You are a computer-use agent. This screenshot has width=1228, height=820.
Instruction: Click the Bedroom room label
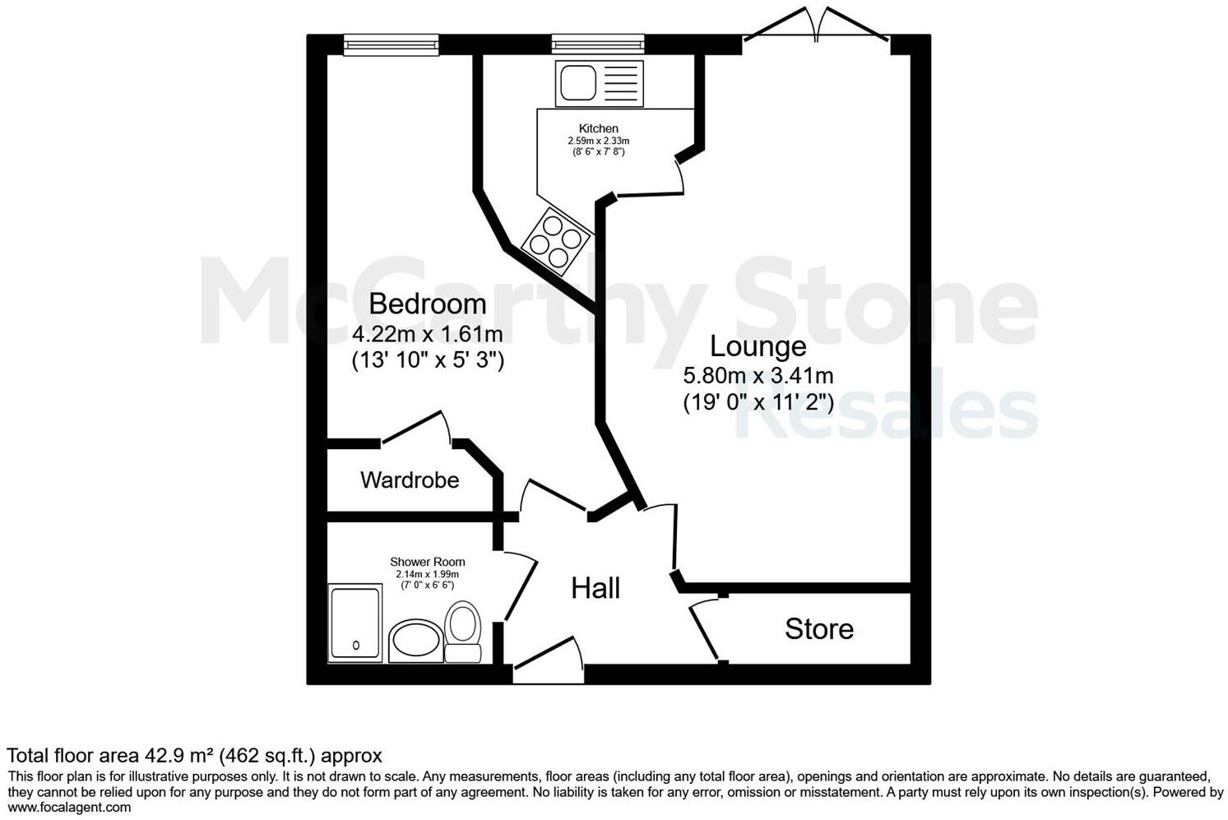(x=427, y=304)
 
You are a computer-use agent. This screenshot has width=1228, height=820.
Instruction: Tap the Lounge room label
(x=758, y=346)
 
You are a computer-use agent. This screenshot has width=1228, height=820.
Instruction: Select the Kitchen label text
(x=598, y=128)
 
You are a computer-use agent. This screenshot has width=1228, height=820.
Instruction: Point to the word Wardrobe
(x=410, y=479)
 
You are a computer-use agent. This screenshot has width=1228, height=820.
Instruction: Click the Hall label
(x=595, y=588)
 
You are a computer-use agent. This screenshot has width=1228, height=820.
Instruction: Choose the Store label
(x=818, y=629)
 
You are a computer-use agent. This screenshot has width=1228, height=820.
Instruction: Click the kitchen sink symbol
(x=598, y=82)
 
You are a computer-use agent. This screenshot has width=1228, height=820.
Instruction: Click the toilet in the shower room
(x=463, y=632)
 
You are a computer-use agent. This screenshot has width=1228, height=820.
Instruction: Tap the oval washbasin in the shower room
(x=415, y=642)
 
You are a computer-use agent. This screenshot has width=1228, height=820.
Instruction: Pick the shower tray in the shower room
(x=355, y=622)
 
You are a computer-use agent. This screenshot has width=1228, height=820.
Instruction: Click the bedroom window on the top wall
(x=391, y=44)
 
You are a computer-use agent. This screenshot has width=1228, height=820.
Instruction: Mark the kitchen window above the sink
(x=598, y=44)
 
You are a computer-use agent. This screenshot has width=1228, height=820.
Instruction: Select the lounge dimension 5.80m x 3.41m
(x=758, y=376)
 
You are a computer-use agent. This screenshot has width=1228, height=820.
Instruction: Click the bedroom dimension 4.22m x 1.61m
(x=427, y=334)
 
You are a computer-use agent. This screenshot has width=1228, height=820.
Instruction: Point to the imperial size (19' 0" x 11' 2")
(x=758, y=403)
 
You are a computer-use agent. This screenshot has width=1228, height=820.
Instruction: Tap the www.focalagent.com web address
(x=69, y=807)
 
